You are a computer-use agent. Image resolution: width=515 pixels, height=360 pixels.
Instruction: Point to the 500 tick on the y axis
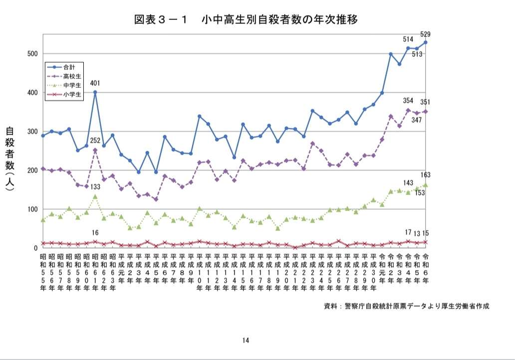(32, 54)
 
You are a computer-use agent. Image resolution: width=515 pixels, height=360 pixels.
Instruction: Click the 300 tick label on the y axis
(32, 132)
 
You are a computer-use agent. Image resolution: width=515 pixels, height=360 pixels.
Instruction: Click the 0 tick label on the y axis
(36, 248)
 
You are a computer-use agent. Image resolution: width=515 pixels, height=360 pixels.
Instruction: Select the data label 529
(426, 34)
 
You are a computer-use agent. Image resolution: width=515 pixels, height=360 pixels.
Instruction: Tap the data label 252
(95, 141)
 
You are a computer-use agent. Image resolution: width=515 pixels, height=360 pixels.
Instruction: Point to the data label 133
(95, 186)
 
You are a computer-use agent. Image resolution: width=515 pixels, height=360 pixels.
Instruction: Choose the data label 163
(426, 175)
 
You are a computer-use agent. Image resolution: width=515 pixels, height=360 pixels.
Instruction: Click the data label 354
(408, 101)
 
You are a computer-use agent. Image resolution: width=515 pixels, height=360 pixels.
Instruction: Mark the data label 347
(417, 121)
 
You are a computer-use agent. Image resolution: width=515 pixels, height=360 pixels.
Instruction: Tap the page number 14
(246, 341)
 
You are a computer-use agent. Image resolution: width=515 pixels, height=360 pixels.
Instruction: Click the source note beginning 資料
(407, 306)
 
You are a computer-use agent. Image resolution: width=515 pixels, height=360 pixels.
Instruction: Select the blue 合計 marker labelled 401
(95, 92)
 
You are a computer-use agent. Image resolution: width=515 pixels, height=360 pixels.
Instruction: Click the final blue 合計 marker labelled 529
(426, 42)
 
